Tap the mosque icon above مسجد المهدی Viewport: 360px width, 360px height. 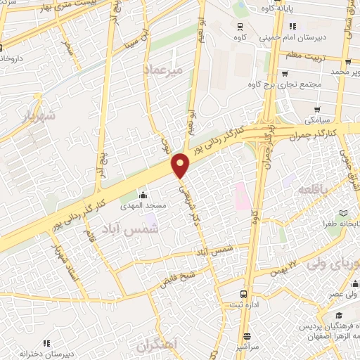click(144, 194)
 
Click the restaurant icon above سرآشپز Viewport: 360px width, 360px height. click(246, 336)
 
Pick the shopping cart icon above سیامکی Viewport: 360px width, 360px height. click(318, 109)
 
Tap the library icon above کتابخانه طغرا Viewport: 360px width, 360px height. click(342, 213)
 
